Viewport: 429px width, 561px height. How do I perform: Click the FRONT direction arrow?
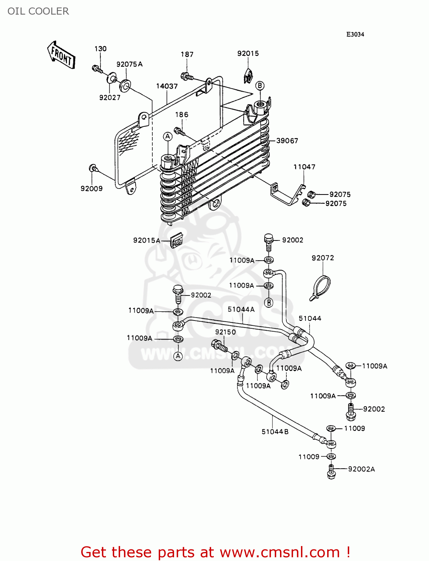[61, 55]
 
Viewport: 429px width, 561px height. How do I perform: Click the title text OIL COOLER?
[38, 11]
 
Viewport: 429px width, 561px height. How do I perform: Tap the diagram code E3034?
[355, 34]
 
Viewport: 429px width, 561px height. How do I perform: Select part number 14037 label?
[167, 86]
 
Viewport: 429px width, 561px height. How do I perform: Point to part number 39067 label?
[287, 141]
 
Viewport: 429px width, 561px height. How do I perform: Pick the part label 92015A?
[146, 240]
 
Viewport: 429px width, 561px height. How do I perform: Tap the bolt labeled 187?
[186, 77]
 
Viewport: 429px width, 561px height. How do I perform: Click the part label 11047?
[304, 167]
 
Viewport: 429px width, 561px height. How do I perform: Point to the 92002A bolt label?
[361, 469]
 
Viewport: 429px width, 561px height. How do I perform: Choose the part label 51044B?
[275, 432]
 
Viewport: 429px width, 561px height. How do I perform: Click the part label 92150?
[225, 332]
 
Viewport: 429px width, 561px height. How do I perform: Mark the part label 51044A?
[241, 309]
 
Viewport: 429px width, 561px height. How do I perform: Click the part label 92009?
[91, 189]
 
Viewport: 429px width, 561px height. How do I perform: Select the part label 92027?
[110, 98]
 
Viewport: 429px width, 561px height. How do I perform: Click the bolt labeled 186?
[179, 131]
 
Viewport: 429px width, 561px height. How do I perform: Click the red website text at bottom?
[215, 552]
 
